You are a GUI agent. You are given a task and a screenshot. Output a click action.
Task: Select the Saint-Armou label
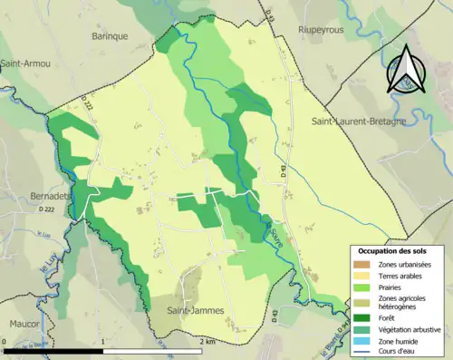[x=24, y=63]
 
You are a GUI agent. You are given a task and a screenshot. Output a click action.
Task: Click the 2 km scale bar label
[x=207, y=342]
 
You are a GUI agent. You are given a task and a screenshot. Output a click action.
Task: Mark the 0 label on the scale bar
[x=5, y=342]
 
